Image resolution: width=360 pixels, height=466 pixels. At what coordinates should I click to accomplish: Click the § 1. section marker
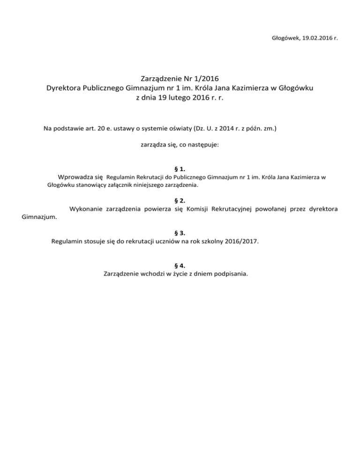(180, 168)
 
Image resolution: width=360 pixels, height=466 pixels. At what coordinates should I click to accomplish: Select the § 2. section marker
(180, 200)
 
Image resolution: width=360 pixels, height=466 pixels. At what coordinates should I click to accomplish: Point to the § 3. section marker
(180, 233)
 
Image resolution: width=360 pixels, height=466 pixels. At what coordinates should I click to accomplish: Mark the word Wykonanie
(84, 208)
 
